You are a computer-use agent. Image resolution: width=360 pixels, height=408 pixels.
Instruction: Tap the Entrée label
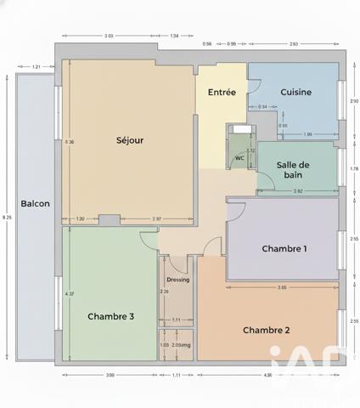[x=222, y=92]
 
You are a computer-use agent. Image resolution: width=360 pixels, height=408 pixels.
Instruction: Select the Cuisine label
[x=295, y=92]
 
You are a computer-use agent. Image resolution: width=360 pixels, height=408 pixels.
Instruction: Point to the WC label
[x=239, y=158]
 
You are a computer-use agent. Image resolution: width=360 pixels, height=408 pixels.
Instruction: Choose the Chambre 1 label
[x=284, y=249]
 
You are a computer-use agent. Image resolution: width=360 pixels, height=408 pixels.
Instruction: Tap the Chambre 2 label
[x=267, y=330]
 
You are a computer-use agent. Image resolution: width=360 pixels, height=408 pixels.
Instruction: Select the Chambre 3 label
[x=110, y=316]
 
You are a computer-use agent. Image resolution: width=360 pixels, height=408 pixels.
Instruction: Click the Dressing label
[x=178, y=280]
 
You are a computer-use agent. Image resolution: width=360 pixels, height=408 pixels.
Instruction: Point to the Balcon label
[x=35, y=204]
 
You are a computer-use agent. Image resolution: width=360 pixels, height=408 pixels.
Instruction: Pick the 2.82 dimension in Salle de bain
[x=298, y=191]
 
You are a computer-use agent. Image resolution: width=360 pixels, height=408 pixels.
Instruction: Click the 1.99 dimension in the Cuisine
[x=307, y=134]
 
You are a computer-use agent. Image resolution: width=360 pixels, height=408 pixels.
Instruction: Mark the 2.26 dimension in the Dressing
[x=163, y=292]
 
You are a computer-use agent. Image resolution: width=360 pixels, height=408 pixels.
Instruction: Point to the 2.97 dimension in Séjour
[x=157, y=219]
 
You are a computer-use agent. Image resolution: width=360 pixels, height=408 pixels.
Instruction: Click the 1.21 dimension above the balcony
[x=37, y=66]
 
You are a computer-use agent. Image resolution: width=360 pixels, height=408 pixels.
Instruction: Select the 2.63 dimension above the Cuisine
[x=293, y=42]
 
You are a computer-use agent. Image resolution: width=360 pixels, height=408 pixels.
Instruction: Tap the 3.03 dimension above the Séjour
[x=109, y=36]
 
